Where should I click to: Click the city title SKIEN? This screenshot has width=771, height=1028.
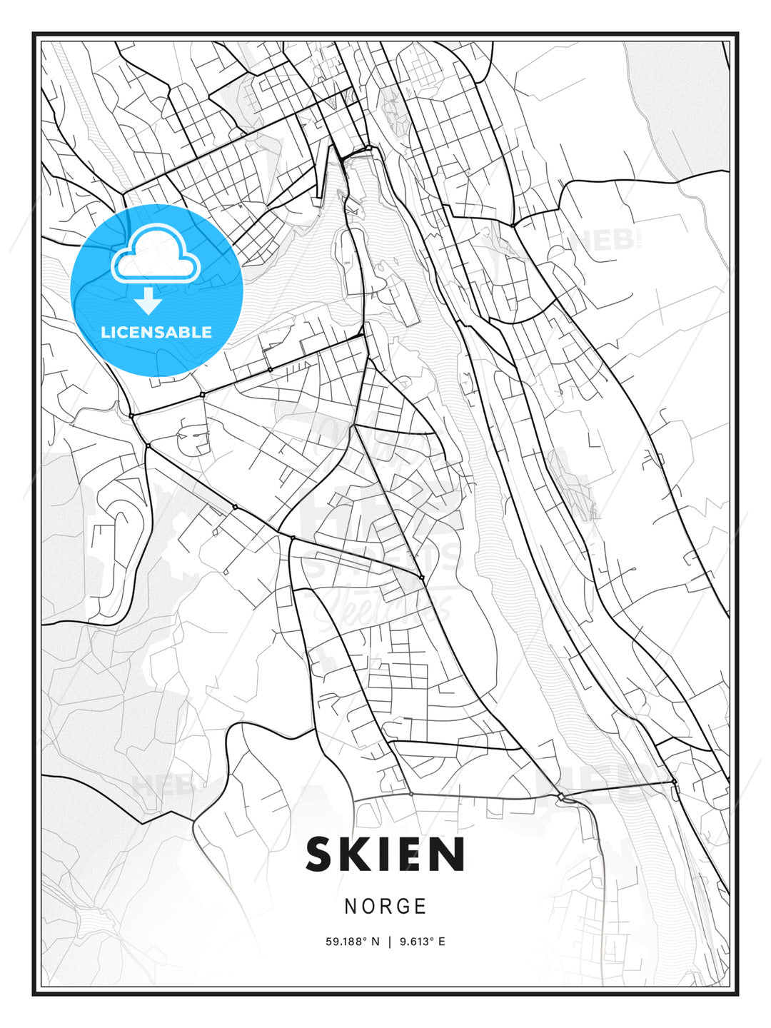tap(385, 854)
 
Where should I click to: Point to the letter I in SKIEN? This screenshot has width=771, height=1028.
tap(386, 854)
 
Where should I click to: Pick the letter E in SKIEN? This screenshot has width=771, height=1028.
tap(412, 854)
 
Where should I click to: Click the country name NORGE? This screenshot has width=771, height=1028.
tap(385, 907)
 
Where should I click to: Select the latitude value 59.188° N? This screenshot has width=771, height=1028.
tap(353, 942)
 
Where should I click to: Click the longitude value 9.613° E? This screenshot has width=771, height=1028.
tap(422, 942)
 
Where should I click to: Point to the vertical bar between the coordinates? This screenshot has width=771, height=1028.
tap(389, 942)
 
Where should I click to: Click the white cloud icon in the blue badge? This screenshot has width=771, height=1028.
tap(155, 253)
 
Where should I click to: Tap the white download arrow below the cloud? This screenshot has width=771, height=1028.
tap(148, 301)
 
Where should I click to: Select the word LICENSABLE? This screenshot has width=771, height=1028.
tap(156, 332)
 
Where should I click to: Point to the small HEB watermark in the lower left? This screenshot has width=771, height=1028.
tap(161, 786)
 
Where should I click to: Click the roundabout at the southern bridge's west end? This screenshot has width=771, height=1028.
tap(562, 796)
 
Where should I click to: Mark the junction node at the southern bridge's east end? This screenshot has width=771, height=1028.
tap(673, 782)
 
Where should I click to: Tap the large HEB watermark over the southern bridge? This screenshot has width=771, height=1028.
tap(607, 782)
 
